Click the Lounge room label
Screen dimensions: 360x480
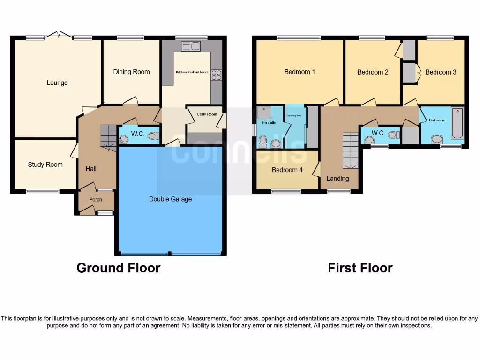coord(57,83)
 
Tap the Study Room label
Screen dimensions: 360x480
coord(45,165)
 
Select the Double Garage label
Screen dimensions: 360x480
coord(170,199)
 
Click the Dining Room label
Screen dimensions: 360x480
coord(131,72)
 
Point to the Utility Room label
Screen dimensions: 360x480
coord(207,114)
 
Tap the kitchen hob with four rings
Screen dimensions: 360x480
coord(217,75)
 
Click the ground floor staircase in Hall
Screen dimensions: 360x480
coord(109,136)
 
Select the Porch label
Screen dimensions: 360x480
coord(96,199)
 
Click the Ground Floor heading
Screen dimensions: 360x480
coord(118,268)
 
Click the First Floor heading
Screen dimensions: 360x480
coord(360,268)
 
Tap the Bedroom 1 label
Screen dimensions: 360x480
coord(300,72)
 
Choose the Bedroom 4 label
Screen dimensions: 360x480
coord(287,170)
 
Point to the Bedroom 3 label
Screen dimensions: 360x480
coord(441,72)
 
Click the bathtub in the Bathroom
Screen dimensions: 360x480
coord(457,123)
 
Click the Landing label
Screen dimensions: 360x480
coord(337,179)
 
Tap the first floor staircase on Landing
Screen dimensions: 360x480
coord(350,150)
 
